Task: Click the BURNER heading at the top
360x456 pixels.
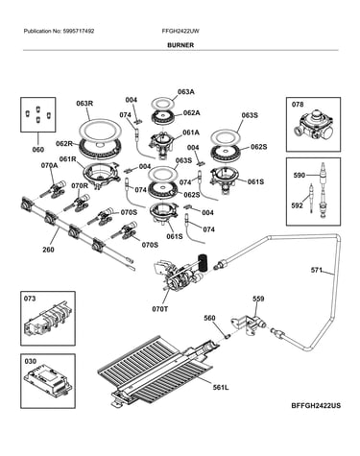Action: click(x=180, y=45)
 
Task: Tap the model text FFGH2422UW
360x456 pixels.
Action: click(x=180, y=31)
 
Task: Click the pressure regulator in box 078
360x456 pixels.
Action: click(x=313, y=128)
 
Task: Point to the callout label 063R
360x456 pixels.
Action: click(x=84, y=104)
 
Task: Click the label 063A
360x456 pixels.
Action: click(x=186, y=92)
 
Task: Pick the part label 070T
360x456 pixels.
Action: click(x=160, y=309)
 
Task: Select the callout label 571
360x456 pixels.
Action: click(x=316, y=270)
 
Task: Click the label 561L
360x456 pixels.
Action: click(x=221, y=388)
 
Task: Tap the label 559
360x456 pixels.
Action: click(x=258, y=299)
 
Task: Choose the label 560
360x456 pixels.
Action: click(x=209, y=318)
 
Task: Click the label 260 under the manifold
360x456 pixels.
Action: click(x=48, y=250)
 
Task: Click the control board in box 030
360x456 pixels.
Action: click(x=48, y=384)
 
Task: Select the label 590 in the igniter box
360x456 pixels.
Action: click(x=300, y=175)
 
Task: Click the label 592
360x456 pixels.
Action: click(x=297, y=205)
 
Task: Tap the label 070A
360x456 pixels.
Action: click(x=49, y=165)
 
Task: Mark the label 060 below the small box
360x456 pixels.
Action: click(x=37, y=150)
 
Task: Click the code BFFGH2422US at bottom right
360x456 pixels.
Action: click(x=316, y=406)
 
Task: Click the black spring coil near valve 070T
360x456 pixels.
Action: click(x=203, y=262)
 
